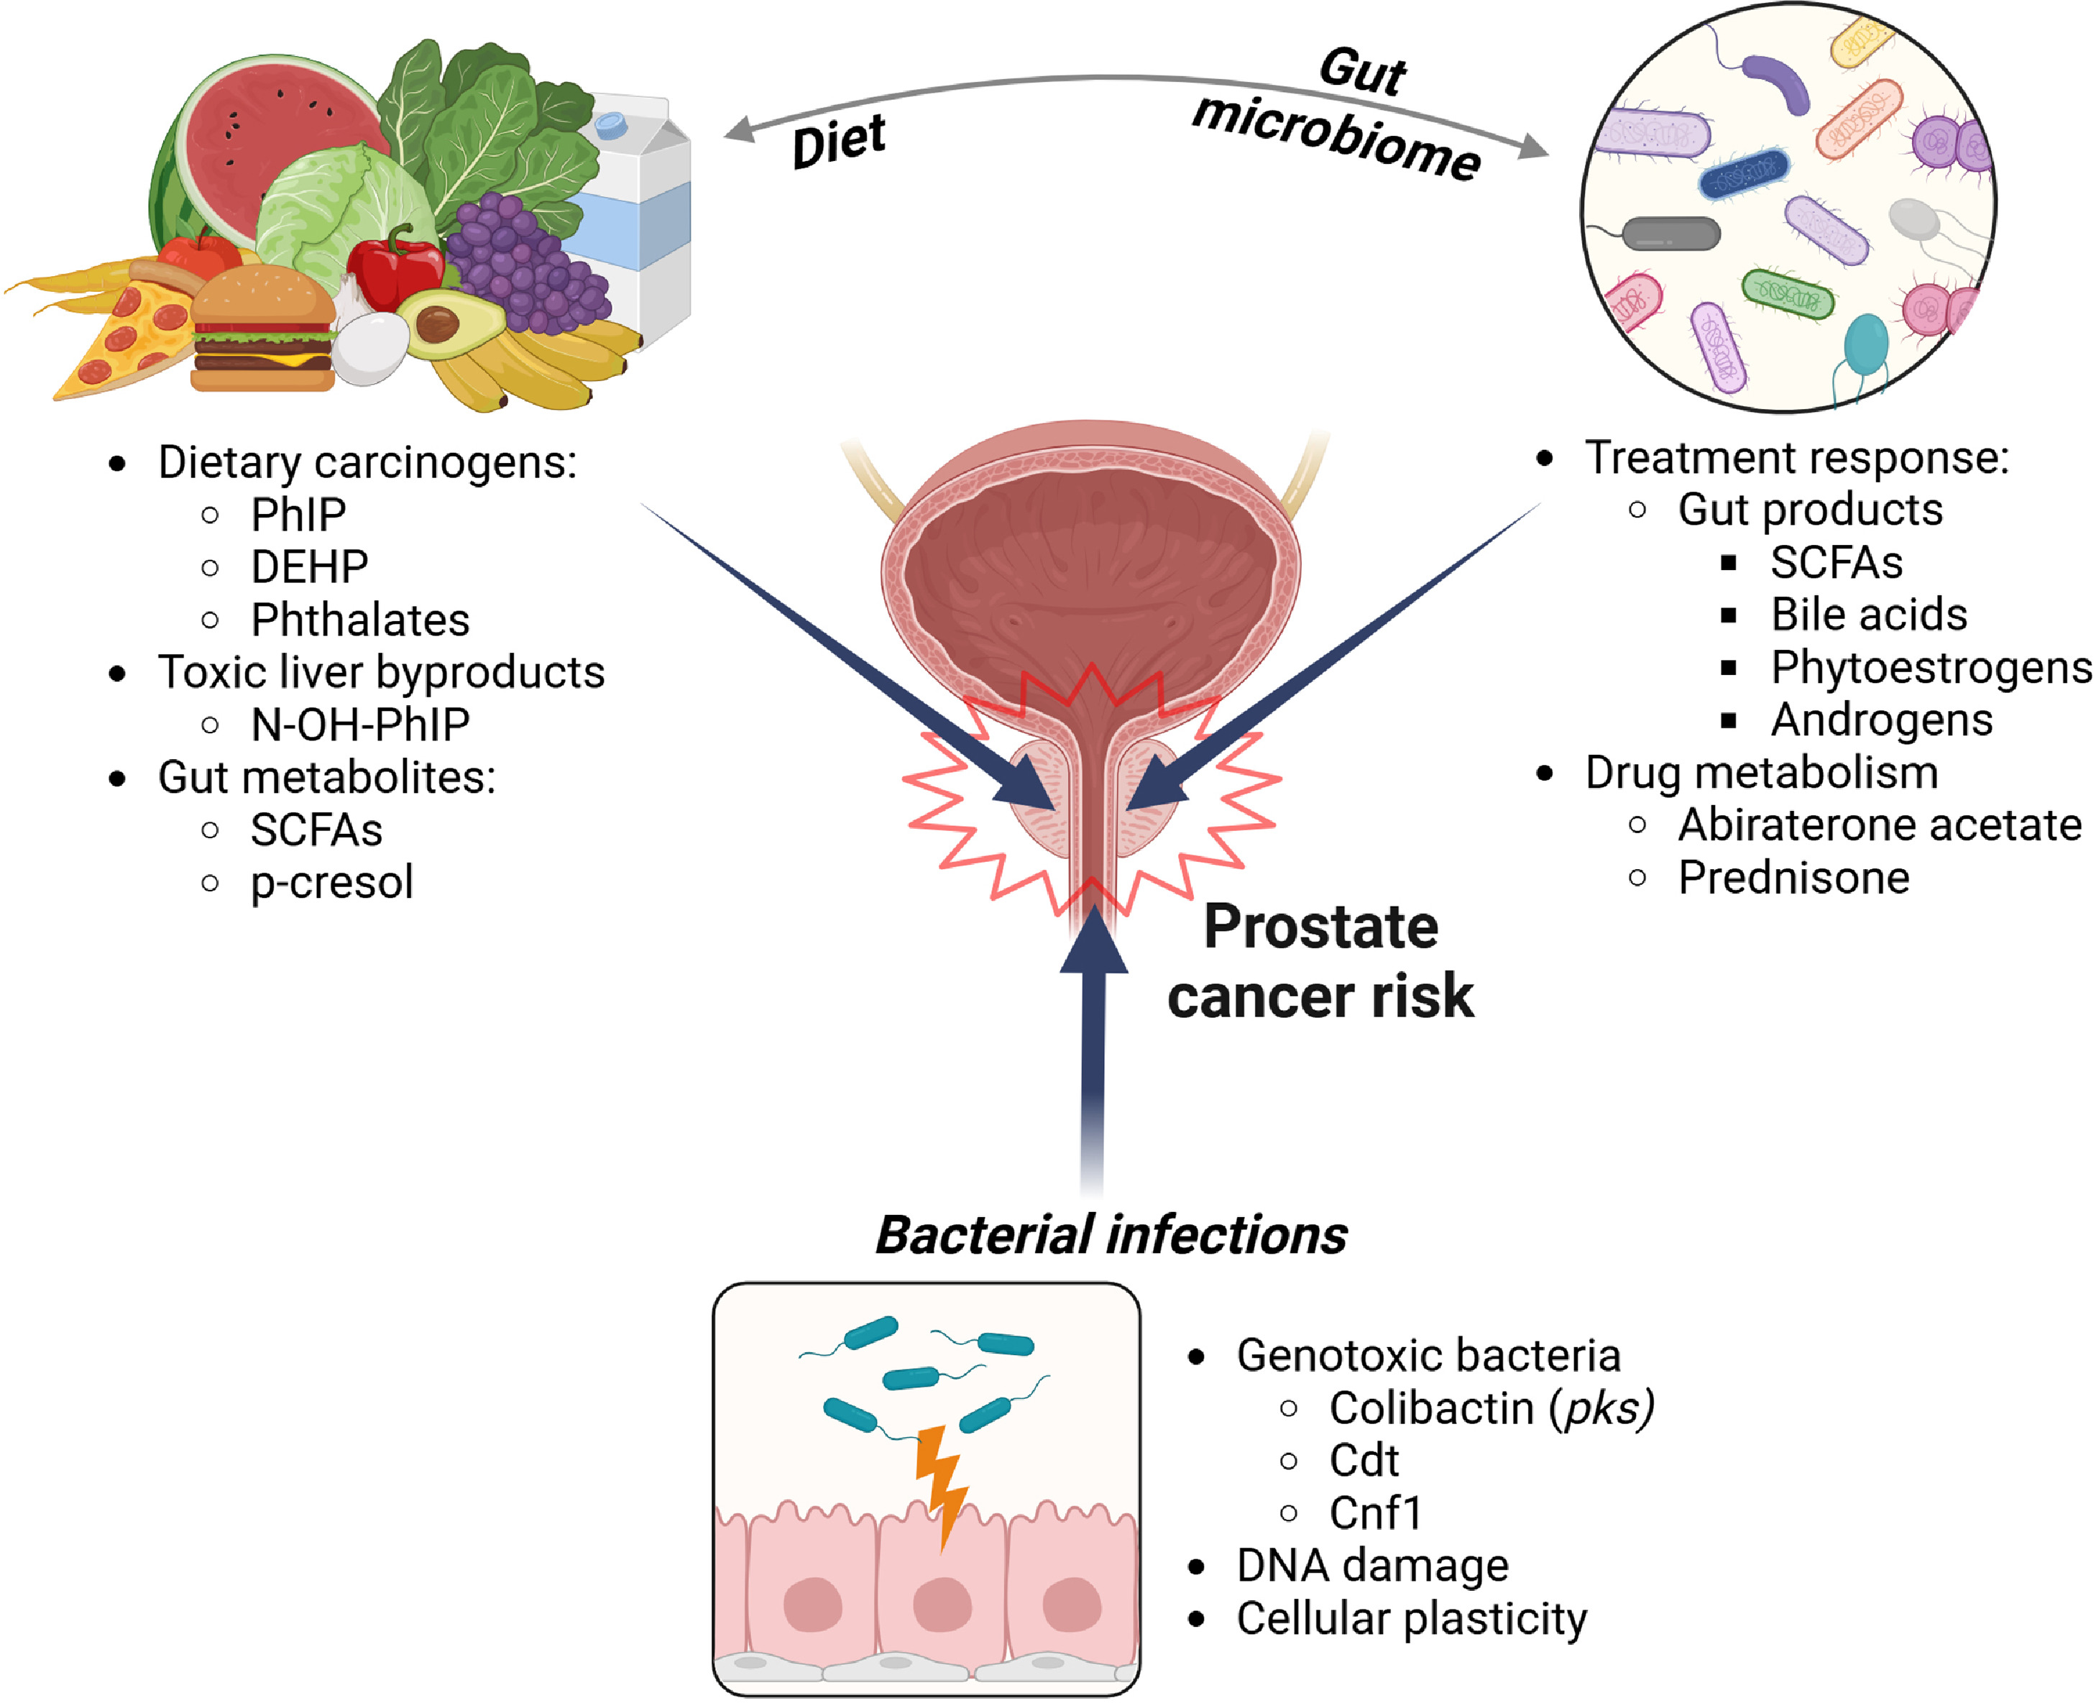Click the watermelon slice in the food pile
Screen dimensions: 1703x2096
click(x=265, y=127)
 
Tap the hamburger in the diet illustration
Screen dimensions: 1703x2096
click(x=263, y=329)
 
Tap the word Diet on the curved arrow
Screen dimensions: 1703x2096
click(x=839, y=142)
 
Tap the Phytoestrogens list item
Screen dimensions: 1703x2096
click(x=1930, y=668)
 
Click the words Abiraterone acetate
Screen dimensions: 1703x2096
click(x=1879, y=825)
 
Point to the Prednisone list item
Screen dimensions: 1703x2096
click(x=1793, y=877)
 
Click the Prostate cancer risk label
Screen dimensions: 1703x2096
click(x=1320, y=961)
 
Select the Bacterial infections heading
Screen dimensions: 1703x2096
click(x=1111, y=1234)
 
